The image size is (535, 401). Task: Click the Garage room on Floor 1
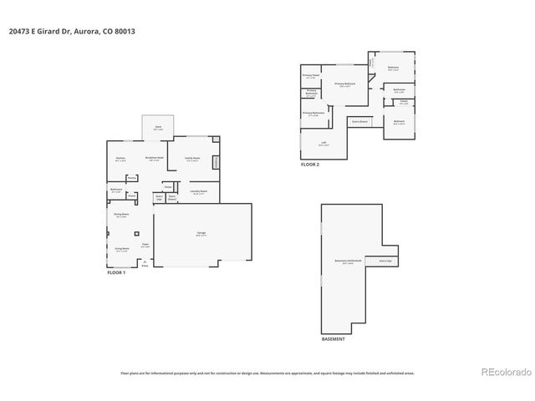click(x=201, y=234)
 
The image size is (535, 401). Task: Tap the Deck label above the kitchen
click(x=157, y=127)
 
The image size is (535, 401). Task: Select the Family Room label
click(x=191, y=159)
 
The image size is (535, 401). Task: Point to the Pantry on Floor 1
click(x=132, y=177)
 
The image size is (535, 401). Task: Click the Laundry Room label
click(x=199, y=191)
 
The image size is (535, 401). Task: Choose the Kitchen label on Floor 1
click(x=120, y=158)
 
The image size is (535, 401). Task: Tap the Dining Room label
click(x=121, y=216)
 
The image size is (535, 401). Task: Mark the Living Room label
click(x=121, y=249)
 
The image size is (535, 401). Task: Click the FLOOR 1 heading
click(x=116, y=273)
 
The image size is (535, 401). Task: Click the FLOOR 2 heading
click(x=310, y=165)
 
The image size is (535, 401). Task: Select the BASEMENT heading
click(x=333, y=339)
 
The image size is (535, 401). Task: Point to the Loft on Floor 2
click(x=324, y=143)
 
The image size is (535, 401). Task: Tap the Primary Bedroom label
click(x=345, y=84)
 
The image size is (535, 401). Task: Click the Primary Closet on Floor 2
click(x=311, y=76)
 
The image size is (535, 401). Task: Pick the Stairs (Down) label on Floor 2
click(x=359, y=122)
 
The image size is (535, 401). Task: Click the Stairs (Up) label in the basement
click(x=385, y=261)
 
